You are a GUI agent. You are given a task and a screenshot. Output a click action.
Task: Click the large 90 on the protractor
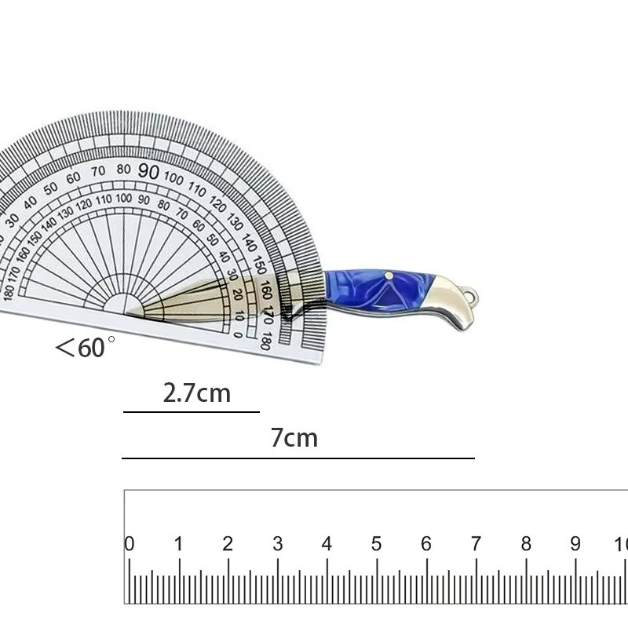click(x=148, y=171)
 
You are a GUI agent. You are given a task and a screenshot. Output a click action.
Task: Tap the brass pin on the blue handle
click(x=389, y=276)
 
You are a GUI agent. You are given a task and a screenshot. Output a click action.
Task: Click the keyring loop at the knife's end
click(x=473, y=297)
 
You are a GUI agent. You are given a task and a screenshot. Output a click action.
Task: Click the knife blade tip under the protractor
click(x=126, y=313)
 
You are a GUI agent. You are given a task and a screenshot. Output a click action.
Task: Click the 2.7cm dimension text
click(x=197, y=393)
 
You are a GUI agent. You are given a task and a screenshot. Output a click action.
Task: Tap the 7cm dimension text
click(x=294, y=437)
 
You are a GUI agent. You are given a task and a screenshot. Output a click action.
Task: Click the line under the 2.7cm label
click(x=192, y=411)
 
